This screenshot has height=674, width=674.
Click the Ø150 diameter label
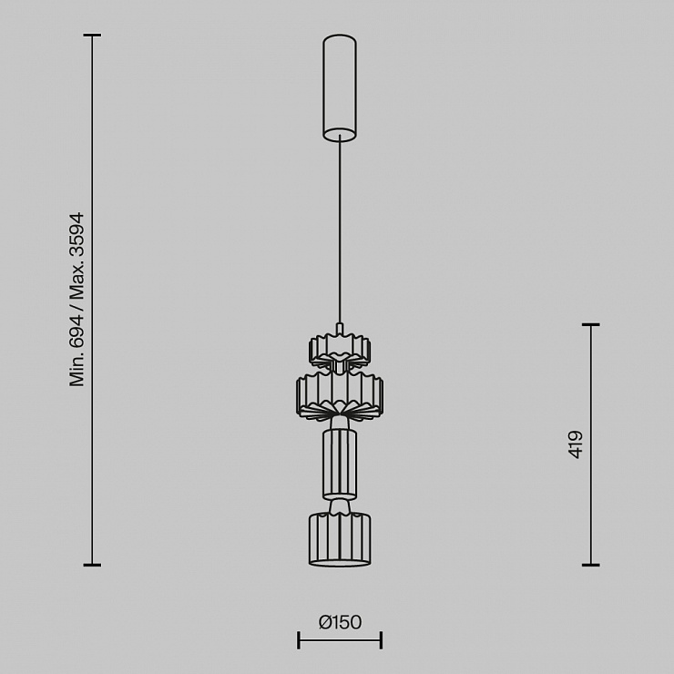click(x=340, y=622)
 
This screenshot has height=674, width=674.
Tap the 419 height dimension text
click(x=576, y=444)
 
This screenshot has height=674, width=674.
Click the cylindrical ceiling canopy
click(x=340, y=87)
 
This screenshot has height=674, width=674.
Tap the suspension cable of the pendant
click(x=340, y=230)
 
